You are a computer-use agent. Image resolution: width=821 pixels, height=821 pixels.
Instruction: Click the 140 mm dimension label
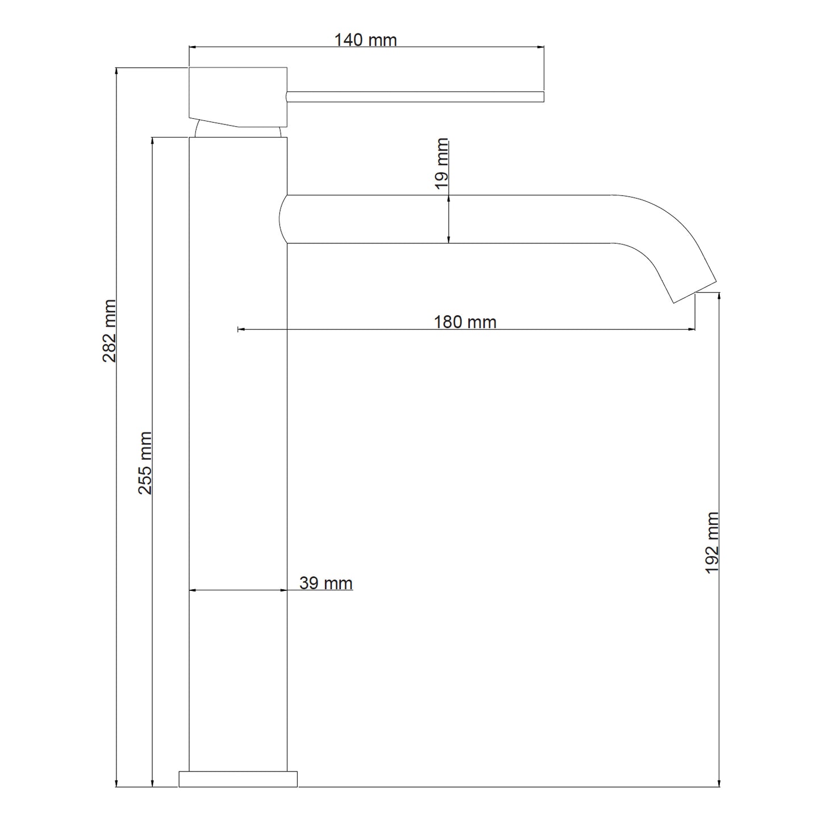(x=365, y=40)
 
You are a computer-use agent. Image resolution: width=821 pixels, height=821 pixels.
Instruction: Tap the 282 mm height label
(x=110, y=331)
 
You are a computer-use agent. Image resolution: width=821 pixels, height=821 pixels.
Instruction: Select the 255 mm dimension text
(x=145, y=462)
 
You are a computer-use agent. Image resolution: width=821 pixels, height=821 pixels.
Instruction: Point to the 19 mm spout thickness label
(x=442, y=164)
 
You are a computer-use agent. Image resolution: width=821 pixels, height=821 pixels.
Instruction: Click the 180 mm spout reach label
(x=465, y=322)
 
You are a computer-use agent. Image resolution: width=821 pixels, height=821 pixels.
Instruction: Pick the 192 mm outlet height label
(x=712, y=543)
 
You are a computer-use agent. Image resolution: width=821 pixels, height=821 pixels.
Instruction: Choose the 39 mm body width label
(x=326, y=583)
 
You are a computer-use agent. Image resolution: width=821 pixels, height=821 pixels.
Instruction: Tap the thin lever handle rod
(x=415, y=97)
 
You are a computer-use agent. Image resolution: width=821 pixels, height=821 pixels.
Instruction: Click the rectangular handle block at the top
(x=237, y=97)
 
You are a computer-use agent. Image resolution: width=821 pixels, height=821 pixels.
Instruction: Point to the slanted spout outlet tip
(x=695, y=292)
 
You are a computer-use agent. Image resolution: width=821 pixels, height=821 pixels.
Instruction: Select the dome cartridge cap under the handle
(x=237, y=130)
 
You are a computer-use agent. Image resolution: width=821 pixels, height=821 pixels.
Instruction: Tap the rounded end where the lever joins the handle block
(x=287, y=97)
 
